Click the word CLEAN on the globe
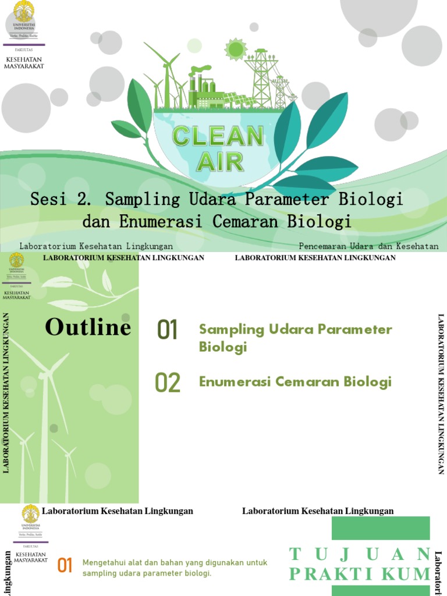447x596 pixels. (218, 137)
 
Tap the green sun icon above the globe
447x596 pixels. (235, 49)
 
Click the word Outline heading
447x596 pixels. (88, 327)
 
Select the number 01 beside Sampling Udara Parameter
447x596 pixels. (167, 330)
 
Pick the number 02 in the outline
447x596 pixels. (168, 383)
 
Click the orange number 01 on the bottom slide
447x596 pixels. (65, 565)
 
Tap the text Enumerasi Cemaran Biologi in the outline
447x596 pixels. (295, 382)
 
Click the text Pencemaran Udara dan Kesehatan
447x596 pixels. (368, 246)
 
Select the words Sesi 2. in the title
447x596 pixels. (61, 199)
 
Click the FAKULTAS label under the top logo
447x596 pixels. (24, 50)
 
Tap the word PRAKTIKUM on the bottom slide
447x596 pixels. (359, 574)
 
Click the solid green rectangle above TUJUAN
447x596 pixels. (381, 528)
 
